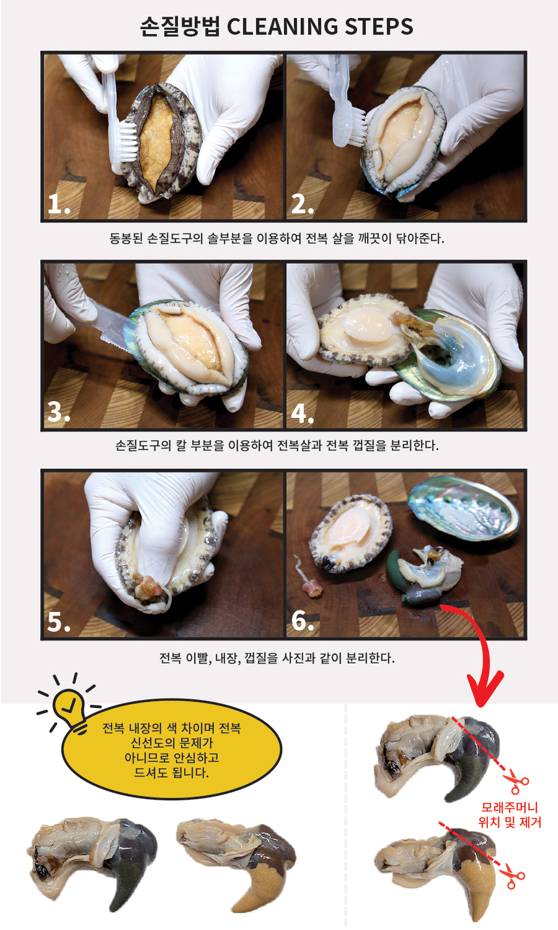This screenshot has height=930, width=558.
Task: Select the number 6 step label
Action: tap(302, 621)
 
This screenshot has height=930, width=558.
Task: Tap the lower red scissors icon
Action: tap(515, 877)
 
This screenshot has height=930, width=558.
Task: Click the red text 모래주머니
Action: tap(509, 809)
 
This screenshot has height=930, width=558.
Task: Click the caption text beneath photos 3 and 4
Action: tap(277, 446)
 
